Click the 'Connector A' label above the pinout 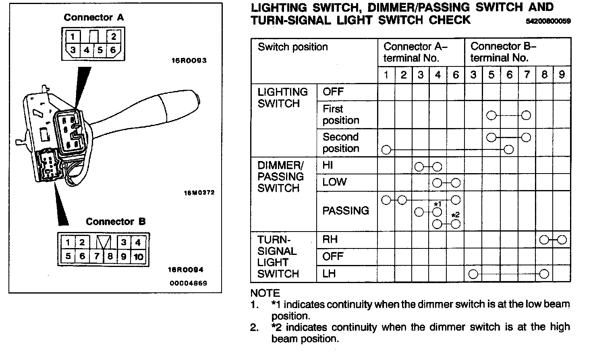pos(93,17)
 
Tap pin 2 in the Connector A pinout pos(113,37)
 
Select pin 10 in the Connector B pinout pos(138,256)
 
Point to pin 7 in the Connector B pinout pos(97,256)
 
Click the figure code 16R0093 pos(189,61)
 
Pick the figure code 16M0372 pos(199,192)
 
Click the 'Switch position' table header pos(292,47)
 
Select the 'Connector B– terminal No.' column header pos(503,52)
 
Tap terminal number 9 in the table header pos(562,74)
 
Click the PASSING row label pos(345,211)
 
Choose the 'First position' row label pos(340,114)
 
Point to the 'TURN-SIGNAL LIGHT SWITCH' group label pos(278,257)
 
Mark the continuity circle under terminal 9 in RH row pos(562,240)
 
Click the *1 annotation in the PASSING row pos(437,204)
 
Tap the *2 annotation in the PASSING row pos(455,215)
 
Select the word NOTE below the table pos(265,293)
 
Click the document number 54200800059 pos(548,21)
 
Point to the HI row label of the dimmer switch pos(328,166)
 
